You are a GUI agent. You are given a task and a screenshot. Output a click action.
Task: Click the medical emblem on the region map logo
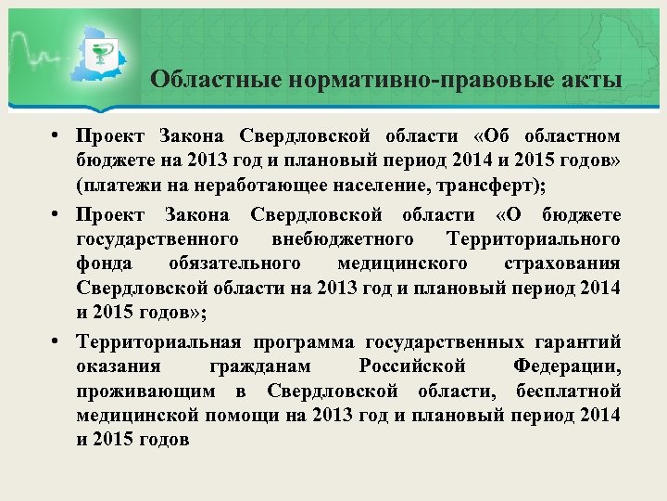[105, 47]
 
